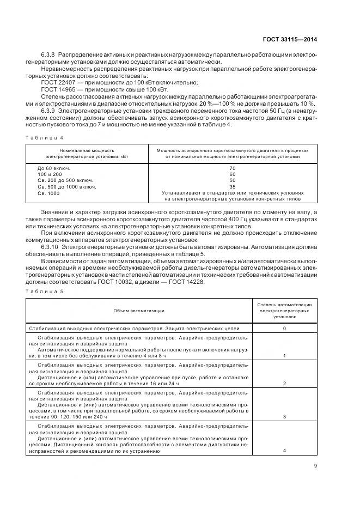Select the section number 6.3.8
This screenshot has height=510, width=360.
click(x=50, y=56)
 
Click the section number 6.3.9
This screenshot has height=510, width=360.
click(x=50, y=111)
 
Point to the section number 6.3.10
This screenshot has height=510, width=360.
click(x=51, y=246)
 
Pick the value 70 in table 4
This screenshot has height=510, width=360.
click(x=233, y=168)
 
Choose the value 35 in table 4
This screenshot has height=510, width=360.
click(x=233, y=186)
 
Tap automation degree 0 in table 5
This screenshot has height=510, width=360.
click(x=284, y=329)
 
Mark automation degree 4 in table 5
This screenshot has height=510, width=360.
click(x=284, y=451)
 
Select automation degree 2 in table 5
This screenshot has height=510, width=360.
click(x=284, y=384)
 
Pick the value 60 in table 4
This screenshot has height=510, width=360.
click(x=233, y=174)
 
